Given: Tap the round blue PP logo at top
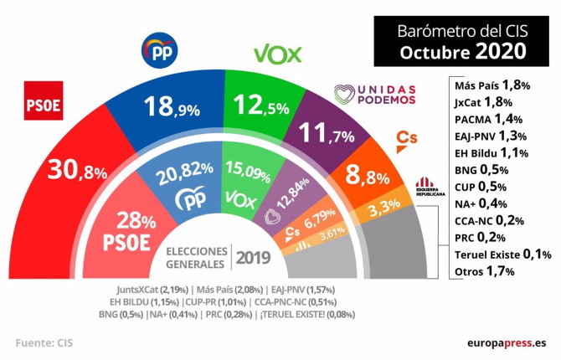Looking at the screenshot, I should tap(161, 53).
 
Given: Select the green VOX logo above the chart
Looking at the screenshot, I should tap(279, 54).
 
